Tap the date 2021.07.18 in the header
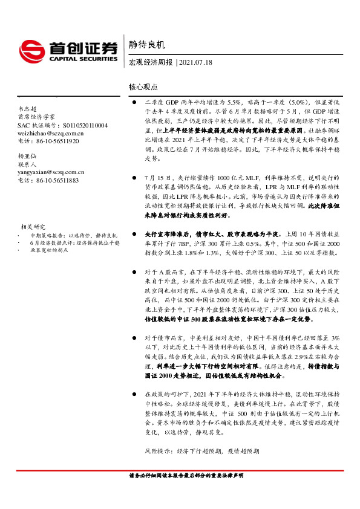(197, 62)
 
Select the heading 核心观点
(143, 87)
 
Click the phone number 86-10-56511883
(48, 180)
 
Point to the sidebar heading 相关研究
(33, 227)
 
